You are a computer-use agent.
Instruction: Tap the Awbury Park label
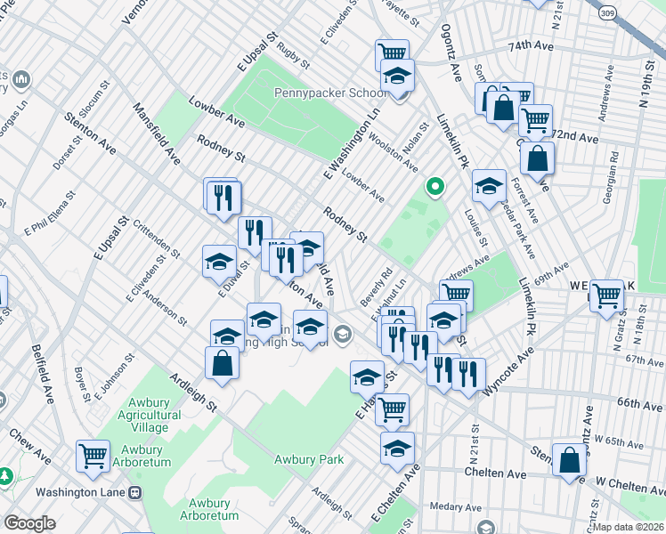point(308,460)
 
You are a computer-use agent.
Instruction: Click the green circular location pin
point(435,187)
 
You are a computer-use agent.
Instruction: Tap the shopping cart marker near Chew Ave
point(93,456)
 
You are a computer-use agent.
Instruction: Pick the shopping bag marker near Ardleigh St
point(222,363)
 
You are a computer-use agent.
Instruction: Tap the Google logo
point(29,523)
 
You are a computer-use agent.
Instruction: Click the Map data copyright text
point(628,527)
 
